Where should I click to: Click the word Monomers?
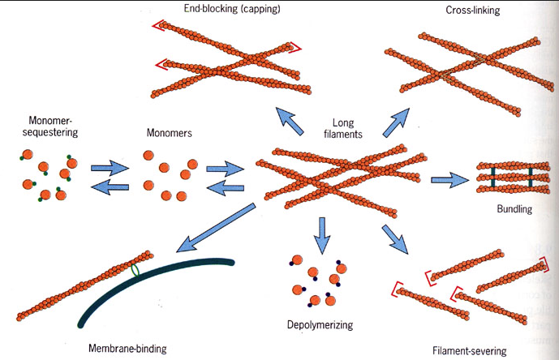click(x=169, y=132)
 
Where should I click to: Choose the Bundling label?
click(x=513, y=209)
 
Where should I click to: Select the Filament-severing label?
click(x=470, y=351)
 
